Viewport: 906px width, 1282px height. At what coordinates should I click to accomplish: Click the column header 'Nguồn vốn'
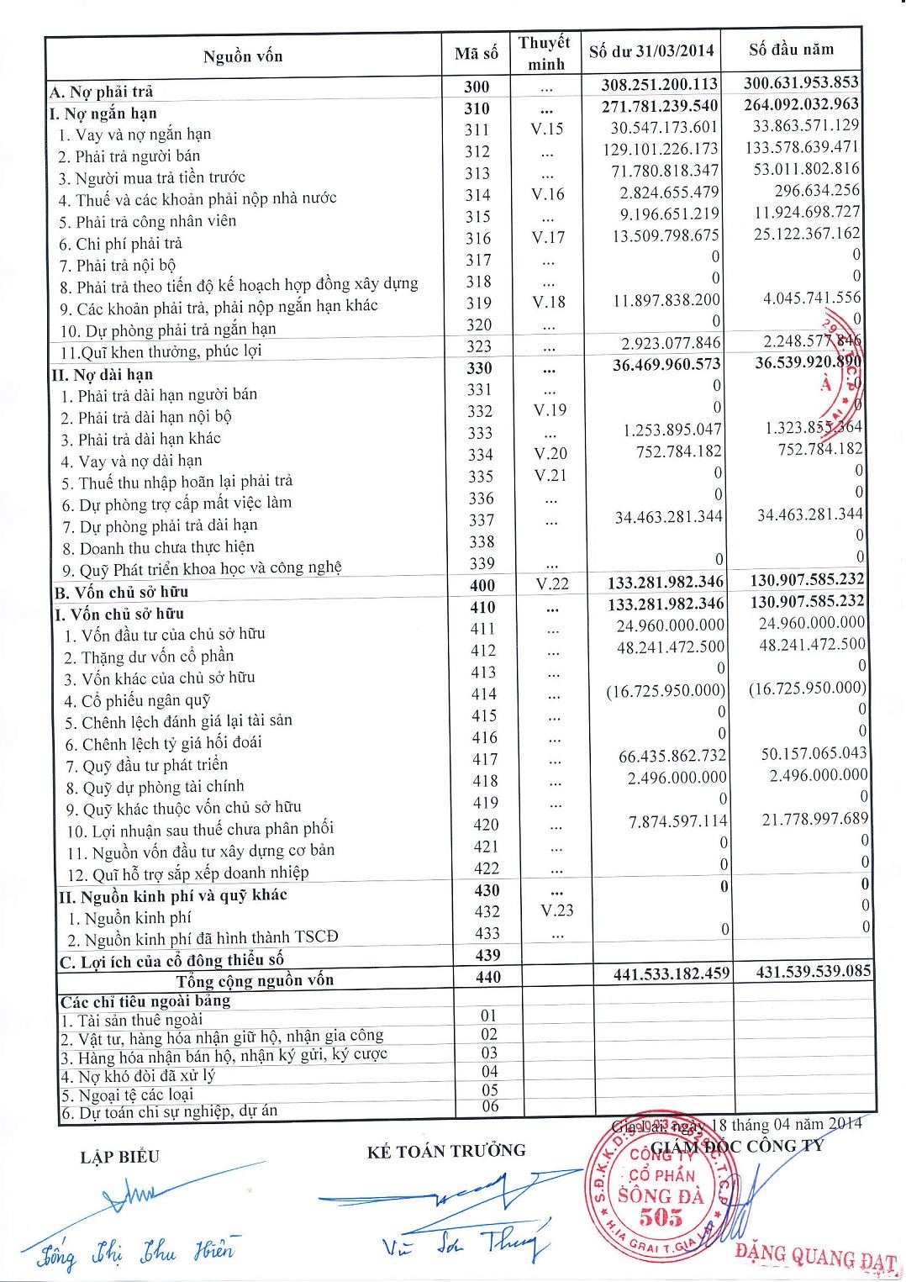click(243, 56)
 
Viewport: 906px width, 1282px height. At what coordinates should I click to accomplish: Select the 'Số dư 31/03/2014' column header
click(651, 51)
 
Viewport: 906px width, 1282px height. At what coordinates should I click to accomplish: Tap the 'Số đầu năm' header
click(791, 49)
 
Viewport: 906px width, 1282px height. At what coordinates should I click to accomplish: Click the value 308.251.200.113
click(660, 84)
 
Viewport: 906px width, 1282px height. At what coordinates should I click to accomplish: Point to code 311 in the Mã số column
click(477, 129)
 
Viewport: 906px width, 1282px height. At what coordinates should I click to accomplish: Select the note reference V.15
click(547, 129)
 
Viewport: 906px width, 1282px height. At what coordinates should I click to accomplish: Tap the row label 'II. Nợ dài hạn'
click(102, 374)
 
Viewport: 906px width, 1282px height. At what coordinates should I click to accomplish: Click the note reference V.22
click(552, 583)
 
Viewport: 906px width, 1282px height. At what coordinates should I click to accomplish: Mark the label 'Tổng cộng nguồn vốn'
click(255, 980)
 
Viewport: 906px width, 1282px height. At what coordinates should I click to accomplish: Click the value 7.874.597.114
click(677, 821)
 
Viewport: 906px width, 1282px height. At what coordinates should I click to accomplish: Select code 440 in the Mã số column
click(487, 977)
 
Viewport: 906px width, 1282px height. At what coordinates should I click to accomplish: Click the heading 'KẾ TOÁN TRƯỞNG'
click(446, 1151)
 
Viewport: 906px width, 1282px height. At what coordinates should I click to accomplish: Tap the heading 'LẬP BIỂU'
click(119, 1157)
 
